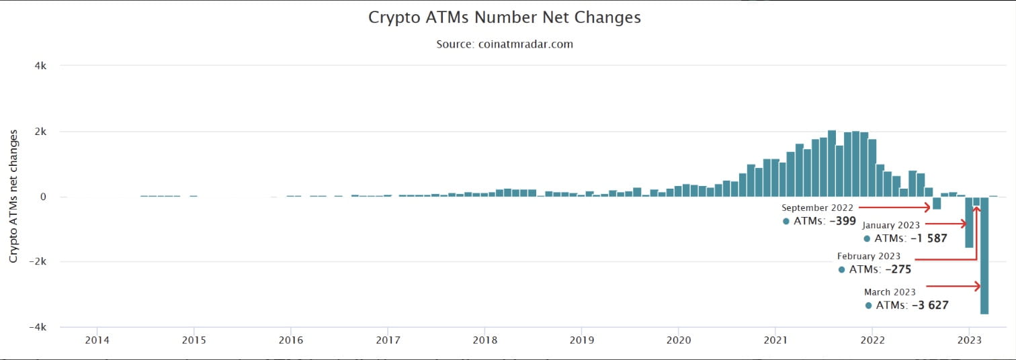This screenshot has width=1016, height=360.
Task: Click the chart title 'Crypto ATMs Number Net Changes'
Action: (x=504, y=17)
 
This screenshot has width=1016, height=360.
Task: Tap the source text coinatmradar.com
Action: (x=504, y=44)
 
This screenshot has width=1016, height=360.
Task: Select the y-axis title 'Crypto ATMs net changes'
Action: (x=13, y=196)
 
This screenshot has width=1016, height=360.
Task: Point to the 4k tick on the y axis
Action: (x=40, y=66)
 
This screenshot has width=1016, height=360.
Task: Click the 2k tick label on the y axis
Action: (x=40, y=132)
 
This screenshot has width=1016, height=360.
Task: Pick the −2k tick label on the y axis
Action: (x=38, y=261)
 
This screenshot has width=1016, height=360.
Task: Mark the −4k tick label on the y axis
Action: (x=38, y=326)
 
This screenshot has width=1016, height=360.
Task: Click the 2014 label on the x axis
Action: (x=97, y=341)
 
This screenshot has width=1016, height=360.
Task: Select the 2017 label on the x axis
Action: (x=388, y=341)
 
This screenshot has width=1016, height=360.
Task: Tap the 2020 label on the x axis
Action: (x=678, y=341)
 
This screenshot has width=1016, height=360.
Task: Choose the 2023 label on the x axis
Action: (x=968, y=341)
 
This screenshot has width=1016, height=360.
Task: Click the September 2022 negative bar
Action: (x=937, y=203)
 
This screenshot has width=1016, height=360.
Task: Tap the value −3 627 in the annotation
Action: (x=929, y=306)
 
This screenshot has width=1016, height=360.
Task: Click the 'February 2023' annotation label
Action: (x=868, y=256)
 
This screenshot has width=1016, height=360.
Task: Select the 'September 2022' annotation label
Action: (x=817, y=208)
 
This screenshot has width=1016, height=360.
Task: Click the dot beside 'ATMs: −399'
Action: (x=786, y=221)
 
